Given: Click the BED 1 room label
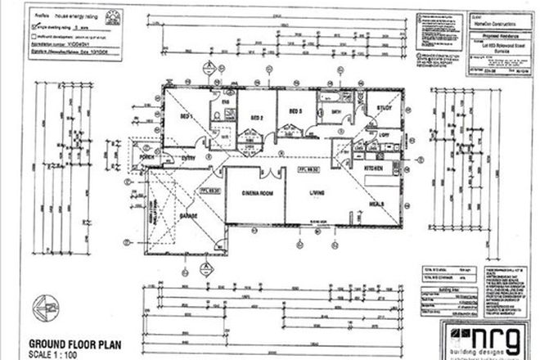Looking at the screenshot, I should (x=187, y=117).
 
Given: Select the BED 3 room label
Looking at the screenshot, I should (x=295, y=110).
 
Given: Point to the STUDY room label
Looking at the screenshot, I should (x=385, y=108).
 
